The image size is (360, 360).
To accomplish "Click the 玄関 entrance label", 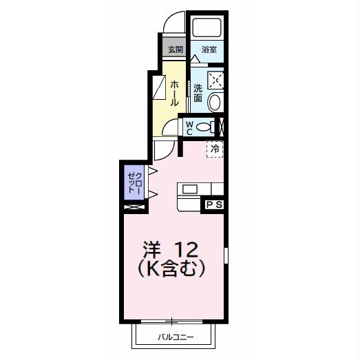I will (175, 50).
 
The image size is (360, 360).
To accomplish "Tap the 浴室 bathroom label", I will (209, 50).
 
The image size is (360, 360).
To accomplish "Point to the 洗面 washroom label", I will (198, 93).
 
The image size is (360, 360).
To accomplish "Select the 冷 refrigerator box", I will (215, 148).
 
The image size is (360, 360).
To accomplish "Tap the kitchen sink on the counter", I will (189, 189).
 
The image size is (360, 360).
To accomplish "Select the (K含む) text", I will (172, 269).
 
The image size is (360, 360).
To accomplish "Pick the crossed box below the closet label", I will (132, 204).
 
